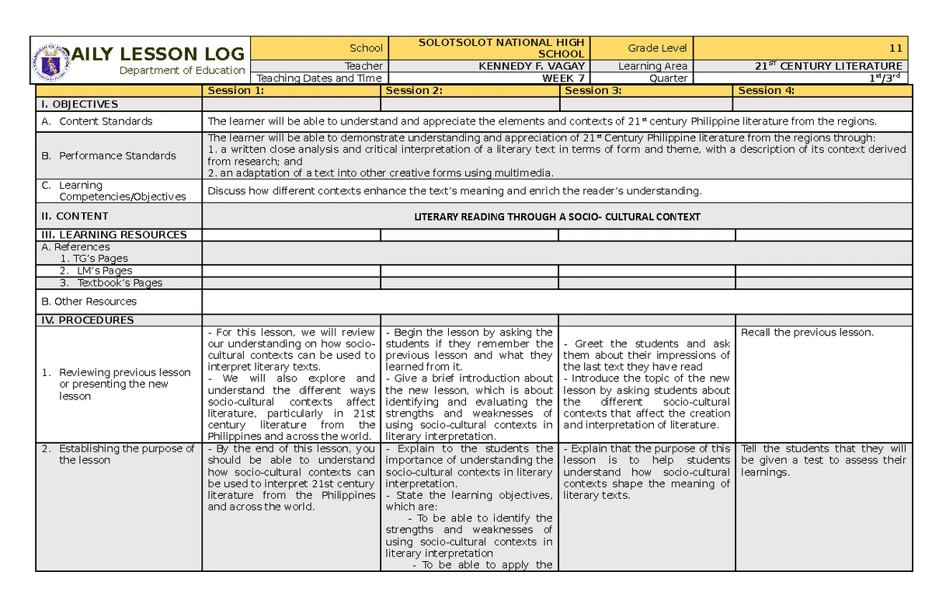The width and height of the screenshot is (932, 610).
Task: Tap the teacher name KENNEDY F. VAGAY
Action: (x=533, y=66)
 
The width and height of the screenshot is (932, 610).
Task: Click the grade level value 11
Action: (x=895, y=48)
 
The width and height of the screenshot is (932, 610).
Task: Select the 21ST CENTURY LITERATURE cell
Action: (x=828, y=66)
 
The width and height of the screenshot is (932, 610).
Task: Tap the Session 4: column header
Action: (x=766, y=90)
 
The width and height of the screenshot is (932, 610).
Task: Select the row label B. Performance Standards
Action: (x=109, y=155)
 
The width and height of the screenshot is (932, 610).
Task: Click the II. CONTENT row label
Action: (x=75, y=216)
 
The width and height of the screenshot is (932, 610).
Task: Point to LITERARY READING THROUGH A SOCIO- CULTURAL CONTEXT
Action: (x=557, y=217)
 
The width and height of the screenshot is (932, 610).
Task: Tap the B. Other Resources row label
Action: (x=89, y=302)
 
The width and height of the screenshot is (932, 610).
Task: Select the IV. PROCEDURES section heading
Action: (x=87, y=320)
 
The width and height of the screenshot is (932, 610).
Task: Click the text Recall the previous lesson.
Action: (x=807, y=333)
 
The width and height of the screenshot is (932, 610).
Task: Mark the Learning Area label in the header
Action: (x=652, y=66)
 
